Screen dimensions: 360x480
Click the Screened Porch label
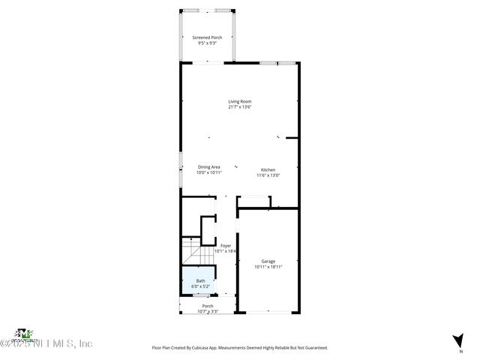tap(207, 37)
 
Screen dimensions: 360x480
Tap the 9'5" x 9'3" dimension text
tap(207, 43)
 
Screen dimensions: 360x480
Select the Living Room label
tap(240, 101)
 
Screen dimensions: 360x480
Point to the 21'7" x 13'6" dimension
tap(240, 107)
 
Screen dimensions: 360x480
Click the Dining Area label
tap(209, 166)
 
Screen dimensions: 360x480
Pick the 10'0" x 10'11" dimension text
tap(209, 172)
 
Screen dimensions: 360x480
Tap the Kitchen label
tap(268, 169)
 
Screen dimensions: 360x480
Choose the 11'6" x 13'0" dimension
tap(268, 175)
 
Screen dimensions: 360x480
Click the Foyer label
tap(226, 245)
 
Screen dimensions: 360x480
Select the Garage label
tap(268, 261)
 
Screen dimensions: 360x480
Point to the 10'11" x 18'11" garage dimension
tap(268, 267)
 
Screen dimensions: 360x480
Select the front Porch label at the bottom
tap(208, 305)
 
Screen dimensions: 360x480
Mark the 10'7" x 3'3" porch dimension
tap(208, 311)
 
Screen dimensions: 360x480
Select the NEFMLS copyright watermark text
tap(46, 343)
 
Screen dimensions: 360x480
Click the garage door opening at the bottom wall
tap(268, 313)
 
